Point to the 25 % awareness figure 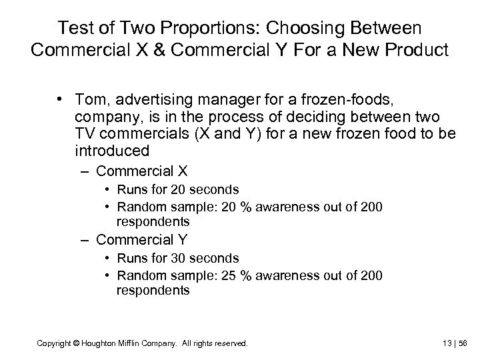(240, 275)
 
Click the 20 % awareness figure (240, 207)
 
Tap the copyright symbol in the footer (77, 344)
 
